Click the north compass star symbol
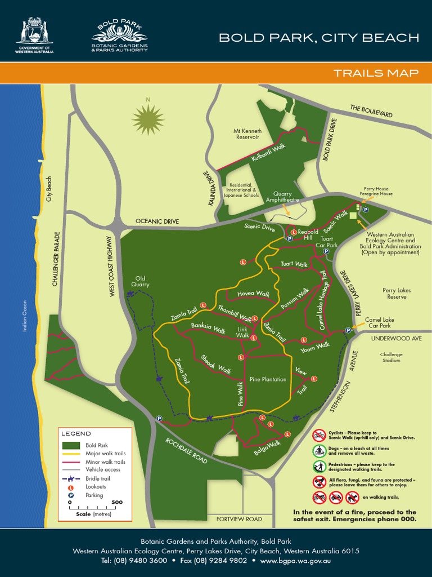pos(148,119)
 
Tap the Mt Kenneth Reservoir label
pos(247,134)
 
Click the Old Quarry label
pos(141,281)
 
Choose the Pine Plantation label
pos(268,379)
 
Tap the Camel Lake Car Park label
pos(380,323)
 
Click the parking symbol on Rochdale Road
pos(159,419)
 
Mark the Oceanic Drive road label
pos(157,221)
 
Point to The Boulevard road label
pos(371,111)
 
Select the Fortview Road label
pos(239,519)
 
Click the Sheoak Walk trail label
pos(216,364)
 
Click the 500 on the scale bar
pos(117,502)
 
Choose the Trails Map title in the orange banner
pos(376,73)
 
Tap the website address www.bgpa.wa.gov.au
pos(295,561)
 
